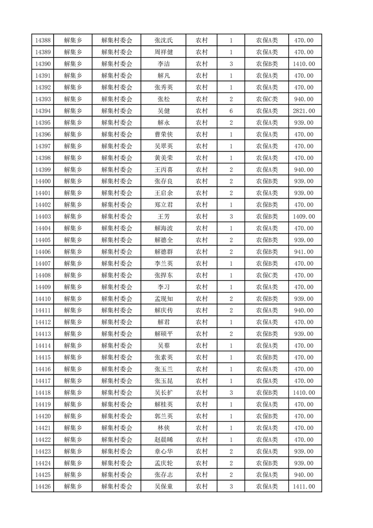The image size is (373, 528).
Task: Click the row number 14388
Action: click(43, 40)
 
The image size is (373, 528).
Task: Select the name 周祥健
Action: click(164, 52)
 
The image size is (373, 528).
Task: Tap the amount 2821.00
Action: click(304, 111)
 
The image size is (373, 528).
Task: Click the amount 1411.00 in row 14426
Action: click(304, 486)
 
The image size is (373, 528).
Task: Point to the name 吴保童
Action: click(164, 486)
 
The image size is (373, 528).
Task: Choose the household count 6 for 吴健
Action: click(231, 111)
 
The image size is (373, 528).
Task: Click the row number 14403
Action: click(43, 216)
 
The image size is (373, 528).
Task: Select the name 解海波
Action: click(164, 228)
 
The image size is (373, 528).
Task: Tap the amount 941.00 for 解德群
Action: click(304, 252)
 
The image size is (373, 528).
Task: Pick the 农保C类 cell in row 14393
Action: click(267, 99)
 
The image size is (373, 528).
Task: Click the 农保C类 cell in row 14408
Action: click(267, 275)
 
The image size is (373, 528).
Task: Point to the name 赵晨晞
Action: click(164, 440)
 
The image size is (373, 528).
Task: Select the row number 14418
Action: click(43, 392)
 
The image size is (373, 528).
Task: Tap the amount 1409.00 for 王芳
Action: click(304, 216)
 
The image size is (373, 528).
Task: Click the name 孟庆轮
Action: click(164, 463)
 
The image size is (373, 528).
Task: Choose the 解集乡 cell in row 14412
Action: click(73, 322)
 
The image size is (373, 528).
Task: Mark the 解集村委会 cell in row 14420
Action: click(117, 416)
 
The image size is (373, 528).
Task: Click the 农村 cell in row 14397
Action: click(202, 146)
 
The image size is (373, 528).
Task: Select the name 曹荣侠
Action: click(164, 134)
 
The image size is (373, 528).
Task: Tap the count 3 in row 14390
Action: click(231, 64)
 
